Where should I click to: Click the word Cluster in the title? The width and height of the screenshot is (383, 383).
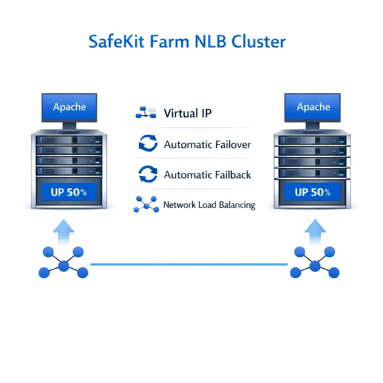[x=258, y=42]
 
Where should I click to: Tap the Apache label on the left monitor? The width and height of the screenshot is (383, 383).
[x=70, y=107]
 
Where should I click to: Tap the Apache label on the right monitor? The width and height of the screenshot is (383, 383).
[x=313, y=107]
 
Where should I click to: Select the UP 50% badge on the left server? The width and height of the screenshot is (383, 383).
[x=69, y=192]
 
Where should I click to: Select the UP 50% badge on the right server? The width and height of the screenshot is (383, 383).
[x=313, y=192]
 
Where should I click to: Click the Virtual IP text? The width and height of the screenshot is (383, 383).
[x=187, y=113]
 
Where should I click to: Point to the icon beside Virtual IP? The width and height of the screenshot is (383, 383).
[x=145, y=113]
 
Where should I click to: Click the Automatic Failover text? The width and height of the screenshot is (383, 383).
[x=207, y=144]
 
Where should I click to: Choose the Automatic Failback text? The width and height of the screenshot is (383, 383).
[x=207, y=175]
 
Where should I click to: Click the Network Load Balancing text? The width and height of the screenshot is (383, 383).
[x=209, y=205]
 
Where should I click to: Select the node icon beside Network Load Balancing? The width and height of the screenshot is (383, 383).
[x=146, y=205]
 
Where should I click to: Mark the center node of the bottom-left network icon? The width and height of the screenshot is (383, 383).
[x=64, y=266]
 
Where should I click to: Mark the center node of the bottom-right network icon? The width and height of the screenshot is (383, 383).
[x=315, y=266]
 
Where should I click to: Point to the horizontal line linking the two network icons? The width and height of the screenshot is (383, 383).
[x=189, y=264]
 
